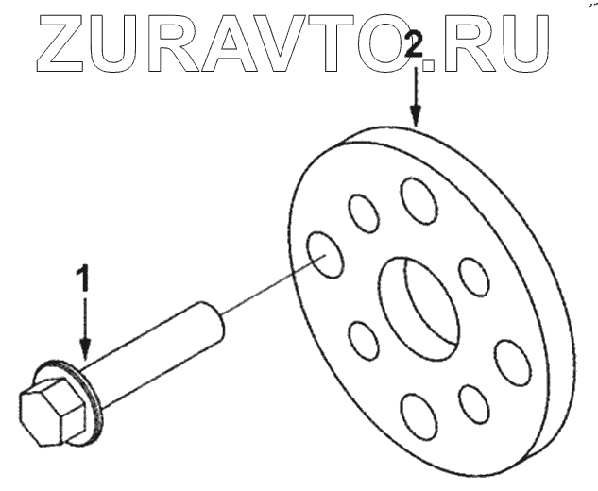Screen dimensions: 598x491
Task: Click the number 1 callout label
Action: tap(84, 280)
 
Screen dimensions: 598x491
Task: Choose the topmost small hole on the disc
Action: tap(417, 200)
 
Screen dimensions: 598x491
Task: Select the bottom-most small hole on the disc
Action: tap(419, 416)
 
